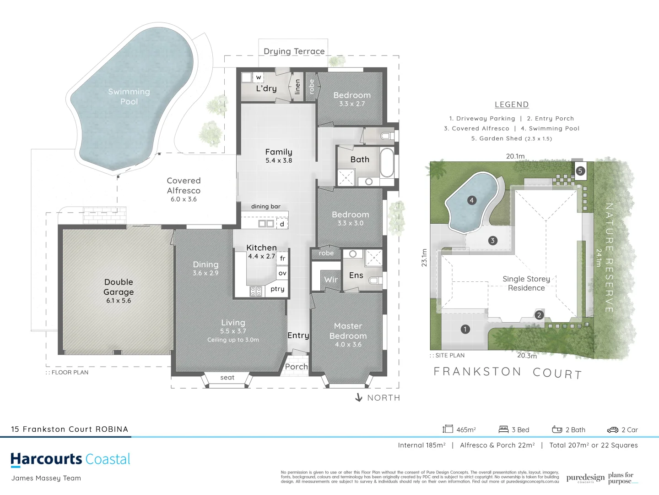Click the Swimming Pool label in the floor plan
pos(129,97)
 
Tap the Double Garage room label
pos(119,287)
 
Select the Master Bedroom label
pos(348,331)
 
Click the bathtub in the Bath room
pos(387,163)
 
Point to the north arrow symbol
pos(359,397)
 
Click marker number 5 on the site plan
pos(580,171)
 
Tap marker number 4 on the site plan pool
pos(471,200)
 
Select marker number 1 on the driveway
pos(465,329)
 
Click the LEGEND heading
pos(512,104)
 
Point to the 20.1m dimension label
pos(515,156)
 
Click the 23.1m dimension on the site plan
pos(424,258)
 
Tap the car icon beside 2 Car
pos(612,430)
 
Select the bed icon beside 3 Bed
pos(503,429)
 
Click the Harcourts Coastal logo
pos(70,459)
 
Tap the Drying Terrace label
pos(294,51)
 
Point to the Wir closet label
pos(331,280)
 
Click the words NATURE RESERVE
pos(609,258)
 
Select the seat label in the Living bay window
pos(227,378)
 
